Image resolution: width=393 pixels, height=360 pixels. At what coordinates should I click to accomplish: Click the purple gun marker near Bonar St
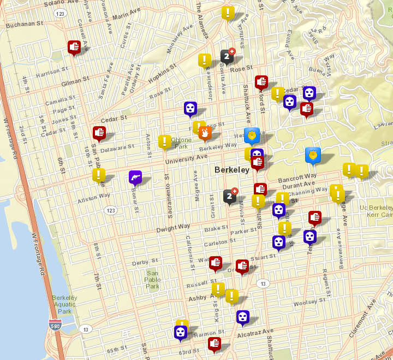[135, 178]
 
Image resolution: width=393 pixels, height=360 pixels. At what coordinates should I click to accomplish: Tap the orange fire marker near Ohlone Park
[205, 133]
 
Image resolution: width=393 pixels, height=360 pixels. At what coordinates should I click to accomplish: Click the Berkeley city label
[232, 170]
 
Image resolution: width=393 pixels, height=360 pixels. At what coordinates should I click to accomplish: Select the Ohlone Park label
[181, 143]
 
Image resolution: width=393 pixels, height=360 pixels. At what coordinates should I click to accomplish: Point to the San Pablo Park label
[152, 280]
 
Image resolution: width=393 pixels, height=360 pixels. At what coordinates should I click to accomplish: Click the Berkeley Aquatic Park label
[65, 304]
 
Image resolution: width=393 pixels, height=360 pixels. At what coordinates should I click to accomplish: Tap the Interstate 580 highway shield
[55, 324]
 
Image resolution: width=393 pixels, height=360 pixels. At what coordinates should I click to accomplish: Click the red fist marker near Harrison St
[74, 48]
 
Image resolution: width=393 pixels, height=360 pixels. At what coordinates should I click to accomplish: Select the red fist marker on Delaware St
[99, 133]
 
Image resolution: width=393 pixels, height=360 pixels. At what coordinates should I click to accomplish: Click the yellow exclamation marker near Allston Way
[99, 175]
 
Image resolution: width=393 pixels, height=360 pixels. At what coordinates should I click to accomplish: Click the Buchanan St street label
[25, 24]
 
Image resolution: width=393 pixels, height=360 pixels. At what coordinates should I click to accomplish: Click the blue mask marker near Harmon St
[181, 332]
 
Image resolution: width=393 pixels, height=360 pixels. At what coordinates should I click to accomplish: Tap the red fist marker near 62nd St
[215, 344]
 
